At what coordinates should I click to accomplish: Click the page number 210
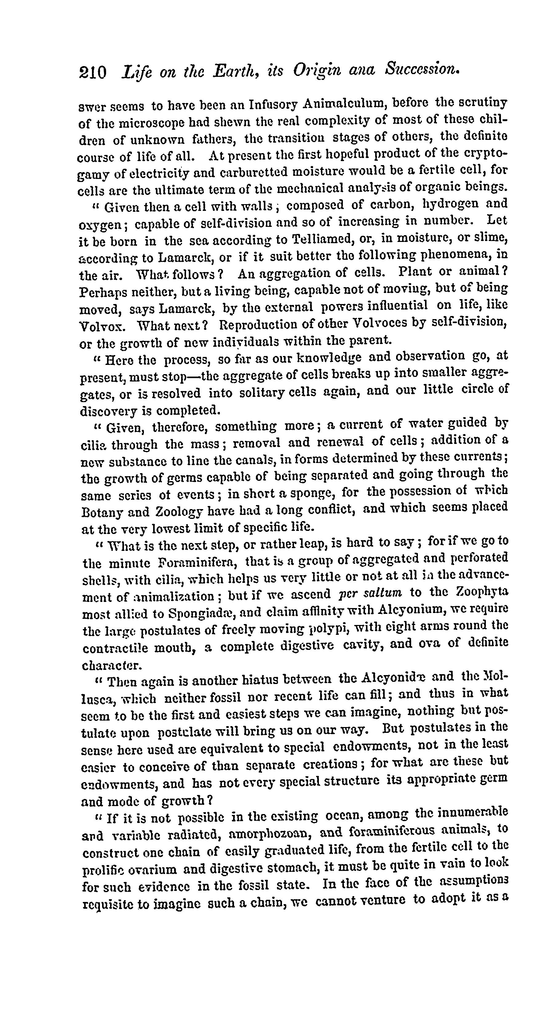93,73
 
